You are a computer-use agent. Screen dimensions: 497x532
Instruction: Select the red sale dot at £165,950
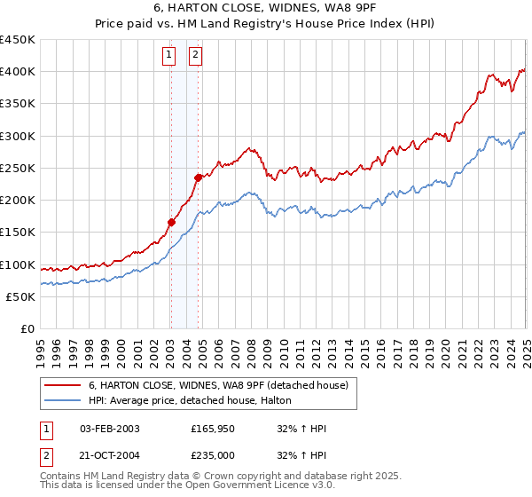[x=170, y=222]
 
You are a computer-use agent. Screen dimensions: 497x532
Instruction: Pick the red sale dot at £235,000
[x=198, y=177]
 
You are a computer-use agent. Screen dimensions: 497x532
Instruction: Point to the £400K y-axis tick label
[x=18, y=72]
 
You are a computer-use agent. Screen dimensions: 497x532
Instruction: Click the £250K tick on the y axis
[x=18, y=168]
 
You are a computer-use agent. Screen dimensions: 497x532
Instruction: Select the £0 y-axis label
[x=27, y=328]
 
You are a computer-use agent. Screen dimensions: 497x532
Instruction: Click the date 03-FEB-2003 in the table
[x=110, y=429]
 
